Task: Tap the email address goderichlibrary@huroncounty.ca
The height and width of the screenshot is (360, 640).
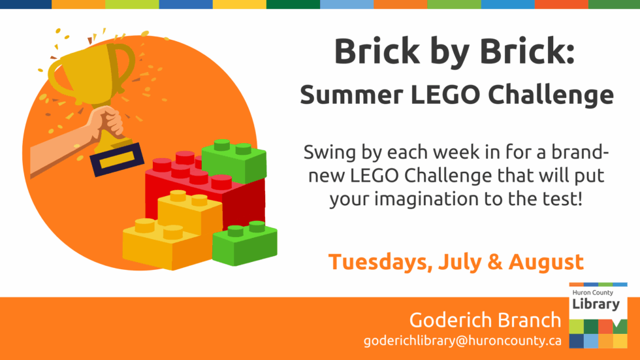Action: pos(462,341)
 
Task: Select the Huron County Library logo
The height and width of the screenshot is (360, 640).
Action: pos(598,316)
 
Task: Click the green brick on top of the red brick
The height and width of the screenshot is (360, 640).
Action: pos(233,160)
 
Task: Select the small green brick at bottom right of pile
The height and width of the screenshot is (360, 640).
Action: pos(245,242)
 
